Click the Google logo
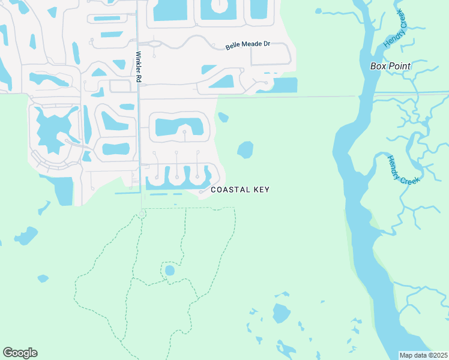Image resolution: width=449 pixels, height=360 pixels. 20,352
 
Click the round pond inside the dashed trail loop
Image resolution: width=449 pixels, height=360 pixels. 170,271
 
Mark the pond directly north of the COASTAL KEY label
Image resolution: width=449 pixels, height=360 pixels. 245,149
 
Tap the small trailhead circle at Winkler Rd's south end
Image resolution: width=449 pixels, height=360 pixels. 142,214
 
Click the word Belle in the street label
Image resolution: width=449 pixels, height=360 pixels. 232,47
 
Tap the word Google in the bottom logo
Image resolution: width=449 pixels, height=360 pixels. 20,352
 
